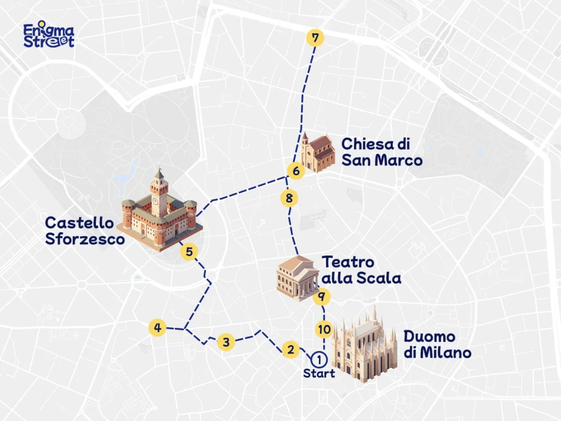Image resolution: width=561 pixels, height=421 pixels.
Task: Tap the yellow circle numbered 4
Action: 158,328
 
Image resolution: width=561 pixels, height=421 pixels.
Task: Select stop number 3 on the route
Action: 225,342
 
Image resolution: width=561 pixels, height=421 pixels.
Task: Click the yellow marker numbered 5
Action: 189,252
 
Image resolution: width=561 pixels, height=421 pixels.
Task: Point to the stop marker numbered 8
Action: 289,197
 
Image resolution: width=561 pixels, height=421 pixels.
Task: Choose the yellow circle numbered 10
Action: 324,329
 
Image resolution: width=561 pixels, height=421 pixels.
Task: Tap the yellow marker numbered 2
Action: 290,349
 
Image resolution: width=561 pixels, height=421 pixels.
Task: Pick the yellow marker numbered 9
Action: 322,297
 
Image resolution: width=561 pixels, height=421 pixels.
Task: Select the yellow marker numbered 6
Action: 296,171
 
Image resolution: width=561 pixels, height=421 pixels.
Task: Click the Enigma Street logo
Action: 49,36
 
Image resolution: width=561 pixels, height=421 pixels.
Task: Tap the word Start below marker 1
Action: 318,374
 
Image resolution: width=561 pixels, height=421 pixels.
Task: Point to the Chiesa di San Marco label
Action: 382,152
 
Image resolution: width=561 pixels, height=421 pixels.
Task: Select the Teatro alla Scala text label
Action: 361,270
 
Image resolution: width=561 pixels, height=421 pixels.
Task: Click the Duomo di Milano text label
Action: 437,344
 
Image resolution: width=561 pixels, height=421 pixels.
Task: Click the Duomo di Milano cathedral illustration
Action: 364,345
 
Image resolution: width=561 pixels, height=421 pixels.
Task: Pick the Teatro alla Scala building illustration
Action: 296,277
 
